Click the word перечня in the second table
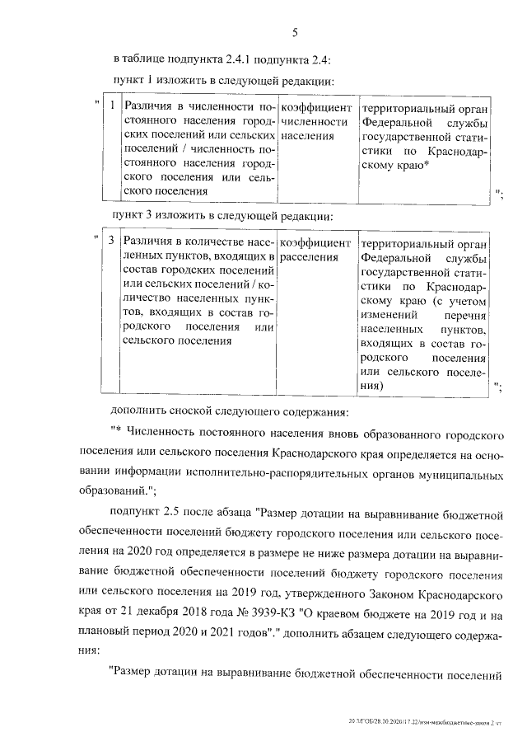470,314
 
